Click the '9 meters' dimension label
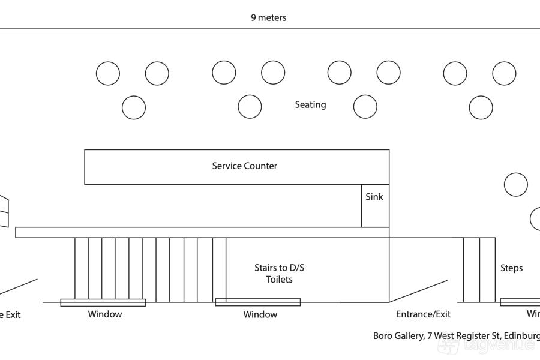(x=268, y=17)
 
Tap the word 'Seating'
(x=310, y=104)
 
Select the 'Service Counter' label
(x=244, y=166)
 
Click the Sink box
(x=375, y=206)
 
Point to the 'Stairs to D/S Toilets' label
(x=280, y=274)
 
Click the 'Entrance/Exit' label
(x=423, y=314)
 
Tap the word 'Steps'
(x=511, y=268)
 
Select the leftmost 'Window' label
(x=105, y=314)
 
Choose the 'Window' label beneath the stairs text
(x=260, y=314)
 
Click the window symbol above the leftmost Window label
(x=103, y=302)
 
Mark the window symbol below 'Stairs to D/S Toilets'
(x=257, y=302)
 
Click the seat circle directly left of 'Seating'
(x=250, y=107)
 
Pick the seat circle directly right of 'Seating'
(x=365, y=107)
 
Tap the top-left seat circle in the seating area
(x=108, y=73)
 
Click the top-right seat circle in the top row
(x=504, y=73)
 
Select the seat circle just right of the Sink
(x=515, y=185)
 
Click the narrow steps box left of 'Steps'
(x=479, y=270)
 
